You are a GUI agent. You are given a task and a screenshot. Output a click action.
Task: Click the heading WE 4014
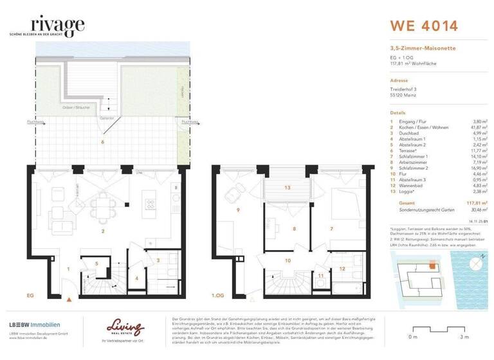coord(424,26)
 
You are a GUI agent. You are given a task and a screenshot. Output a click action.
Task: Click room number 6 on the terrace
coord(102,141)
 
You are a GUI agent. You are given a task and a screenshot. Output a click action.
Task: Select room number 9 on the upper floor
coord(238,210)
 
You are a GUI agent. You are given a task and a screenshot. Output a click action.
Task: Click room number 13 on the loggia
coord(288,188)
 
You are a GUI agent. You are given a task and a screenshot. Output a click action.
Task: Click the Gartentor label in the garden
coord(107,118)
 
